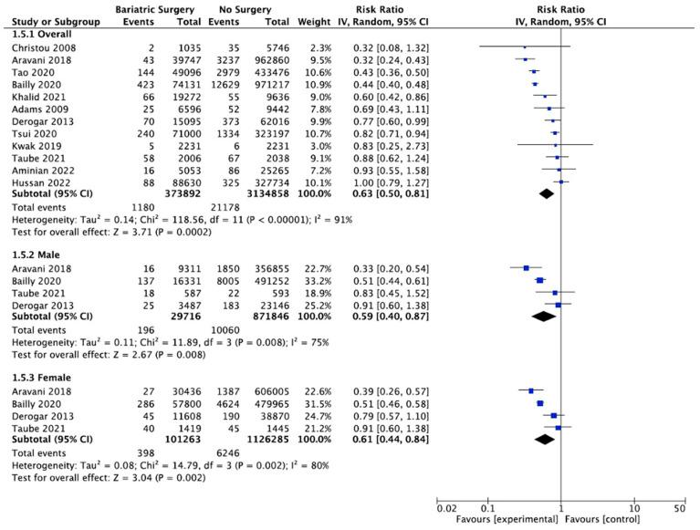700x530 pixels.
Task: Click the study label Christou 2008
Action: click(43, 47)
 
